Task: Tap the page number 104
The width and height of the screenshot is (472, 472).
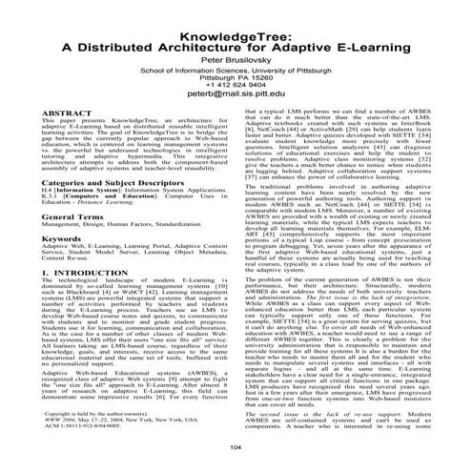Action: pos(236,447)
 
